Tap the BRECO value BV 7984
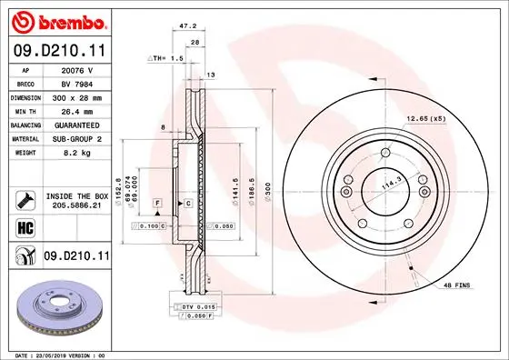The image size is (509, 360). tap(75, 82)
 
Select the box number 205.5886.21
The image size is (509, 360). tap(75, 206)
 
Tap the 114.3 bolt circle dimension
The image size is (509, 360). tap(391, 181)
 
